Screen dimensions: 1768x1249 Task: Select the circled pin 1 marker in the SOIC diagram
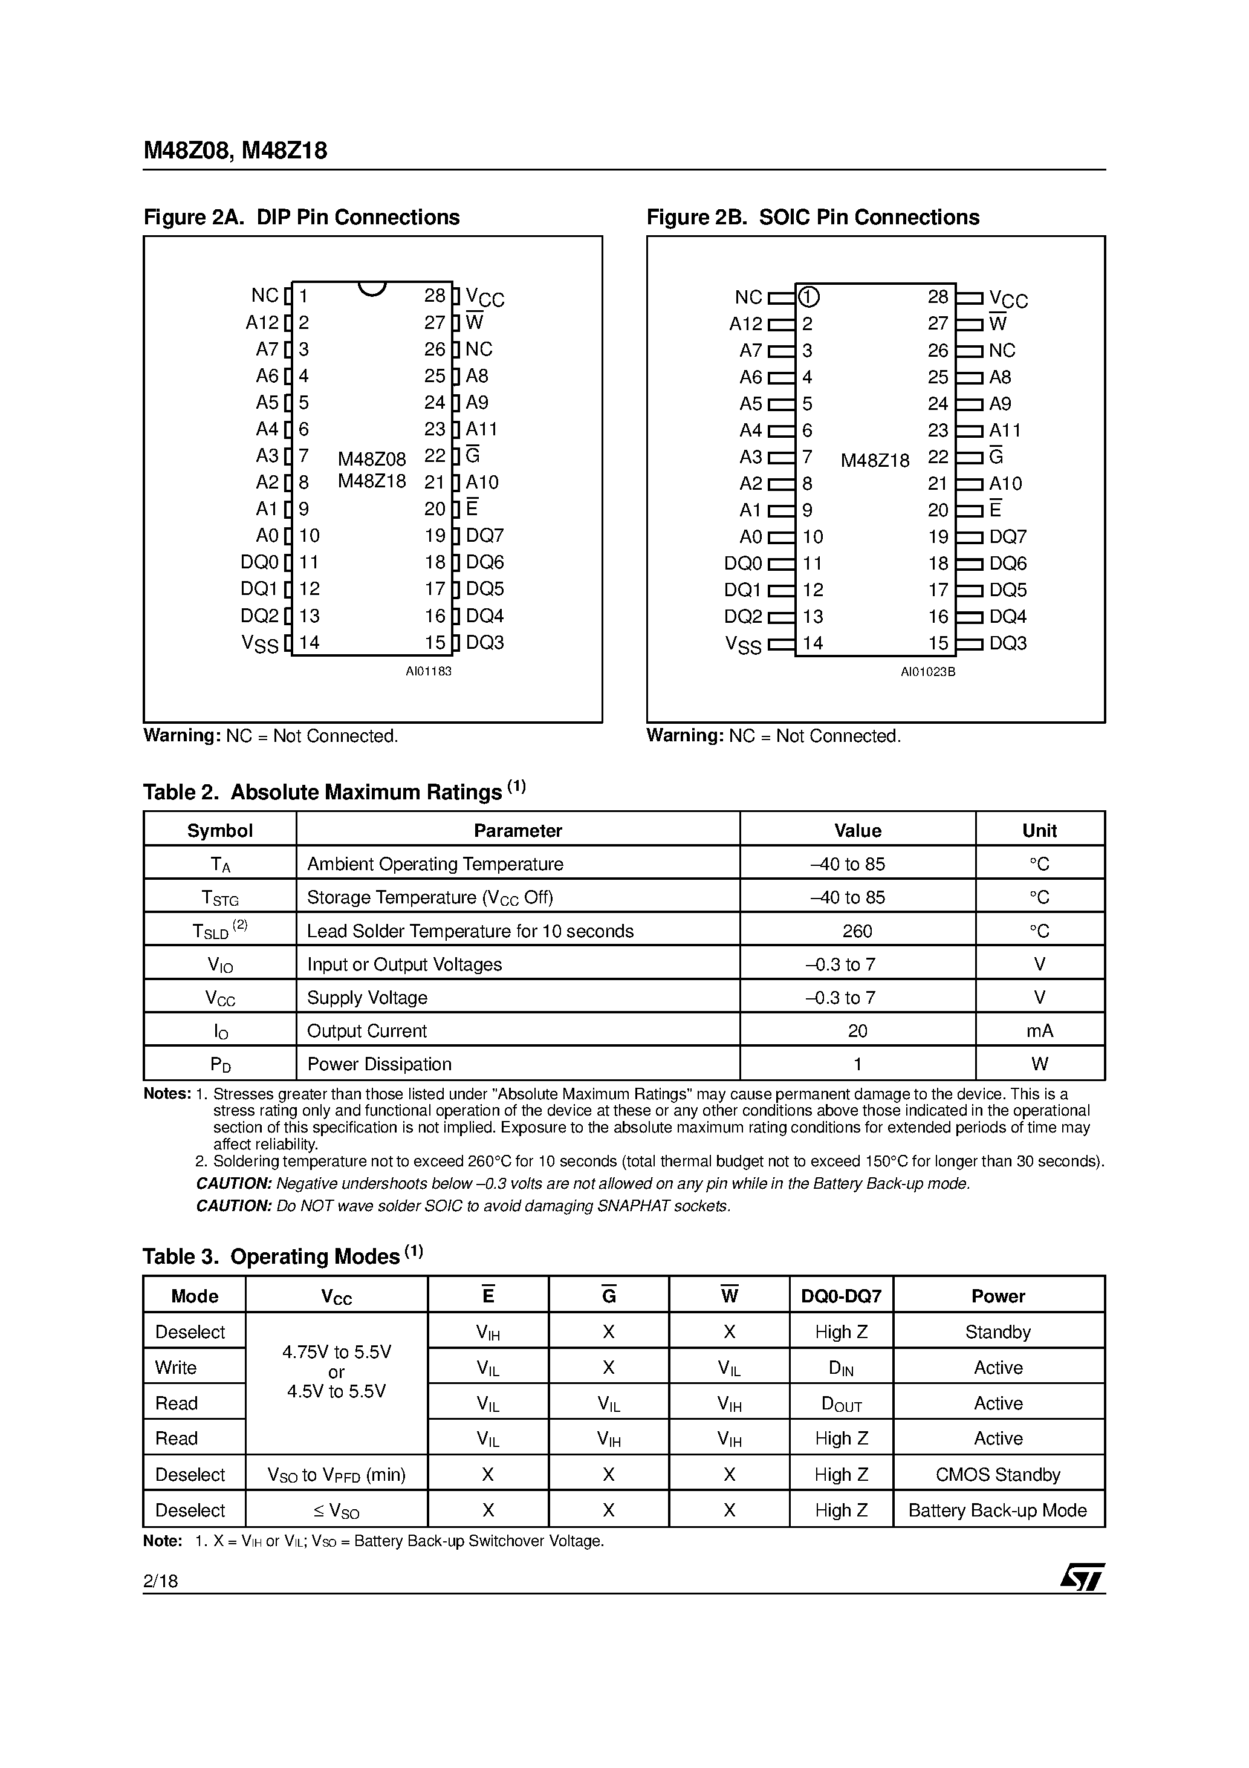(808, 297)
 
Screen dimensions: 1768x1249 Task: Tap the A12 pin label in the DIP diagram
(262, 323)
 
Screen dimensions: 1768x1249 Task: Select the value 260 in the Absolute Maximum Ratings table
(857, 931)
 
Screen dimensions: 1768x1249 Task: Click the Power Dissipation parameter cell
(379, 1064)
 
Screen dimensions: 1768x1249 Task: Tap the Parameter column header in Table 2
(517, 830)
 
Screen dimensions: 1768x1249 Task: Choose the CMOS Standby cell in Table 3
(998, 1475)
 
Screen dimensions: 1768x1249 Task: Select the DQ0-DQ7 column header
(841, 1296)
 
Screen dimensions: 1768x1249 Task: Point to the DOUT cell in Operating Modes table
(841, 1404)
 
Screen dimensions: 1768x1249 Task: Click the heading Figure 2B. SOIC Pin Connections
(813, 217)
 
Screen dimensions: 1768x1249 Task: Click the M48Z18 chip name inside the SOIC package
(875, 461)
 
